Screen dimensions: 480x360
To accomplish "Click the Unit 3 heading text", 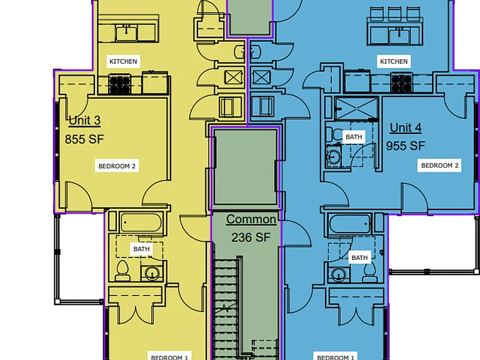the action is pos(85,120).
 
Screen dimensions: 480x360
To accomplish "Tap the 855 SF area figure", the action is pos(84,139).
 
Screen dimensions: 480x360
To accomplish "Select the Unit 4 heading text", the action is pos(406,127).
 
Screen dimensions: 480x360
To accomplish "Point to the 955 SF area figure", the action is pos(406,146).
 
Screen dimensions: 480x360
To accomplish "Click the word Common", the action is pos(251,219).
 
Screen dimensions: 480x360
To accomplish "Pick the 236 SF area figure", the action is pos(251,237).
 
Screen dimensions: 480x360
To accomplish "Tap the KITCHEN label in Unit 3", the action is pos(123,61).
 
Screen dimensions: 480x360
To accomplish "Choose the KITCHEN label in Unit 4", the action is pos(394,61).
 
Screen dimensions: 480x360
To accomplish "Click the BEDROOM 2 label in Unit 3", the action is pos(117,166).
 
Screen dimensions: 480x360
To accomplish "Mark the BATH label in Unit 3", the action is pos(141,249).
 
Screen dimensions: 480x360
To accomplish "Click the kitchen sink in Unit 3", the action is pos(126,33).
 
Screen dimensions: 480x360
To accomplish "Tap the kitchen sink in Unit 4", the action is pos(399,36).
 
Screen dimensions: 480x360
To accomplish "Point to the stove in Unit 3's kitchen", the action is pos(120,84).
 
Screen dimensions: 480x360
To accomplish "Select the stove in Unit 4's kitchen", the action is pos(402,83).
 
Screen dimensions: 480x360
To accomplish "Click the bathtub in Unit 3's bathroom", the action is pos(141,222).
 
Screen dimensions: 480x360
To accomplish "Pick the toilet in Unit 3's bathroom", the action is pos(122,271).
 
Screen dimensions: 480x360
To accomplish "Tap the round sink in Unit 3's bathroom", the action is pos(152,273).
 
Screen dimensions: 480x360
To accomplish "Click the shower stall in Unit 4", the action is pos(357,108).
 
